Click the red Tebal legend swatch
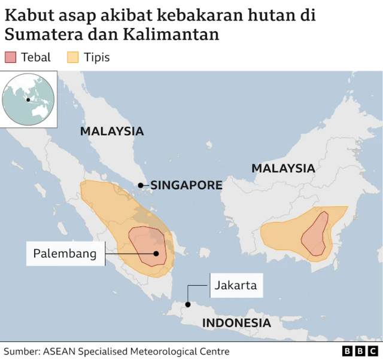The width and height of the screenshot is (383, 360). click(x=10, y=57)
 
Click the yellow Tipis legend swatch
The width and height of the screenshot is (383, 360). click(x=73, y=57)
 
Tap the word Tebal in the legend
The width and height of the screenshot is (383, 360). click(x=37, y=57)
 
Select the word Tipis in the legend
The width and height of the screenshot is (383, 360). click(x=97, y=57)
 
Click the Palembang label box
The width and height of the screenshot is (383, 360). click(x=65, y=254)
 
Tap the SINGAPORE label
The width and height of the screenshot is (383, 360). click(x=186, y=185)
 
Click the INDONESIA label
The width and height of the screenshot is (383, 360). click(x=236, y=323)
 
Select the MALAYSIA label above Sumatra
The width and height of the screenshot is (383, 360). click(x=112, y=131)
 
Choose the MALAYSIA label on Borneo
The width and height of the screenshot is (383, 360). click(x=283, y=168)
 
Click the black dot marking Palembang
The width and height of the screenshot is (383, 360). click(x=156, y=254)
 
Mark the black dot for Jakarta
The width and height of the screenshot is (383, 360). click(x=188, y=304)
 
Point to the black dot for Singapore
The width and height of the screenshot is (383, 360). click(x=141, y=185)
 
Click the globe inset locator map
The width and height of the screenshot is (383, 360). click(x=29, y=99)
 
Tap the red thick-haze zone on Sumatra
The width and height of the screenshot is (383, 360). click(x=145, y=242)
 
